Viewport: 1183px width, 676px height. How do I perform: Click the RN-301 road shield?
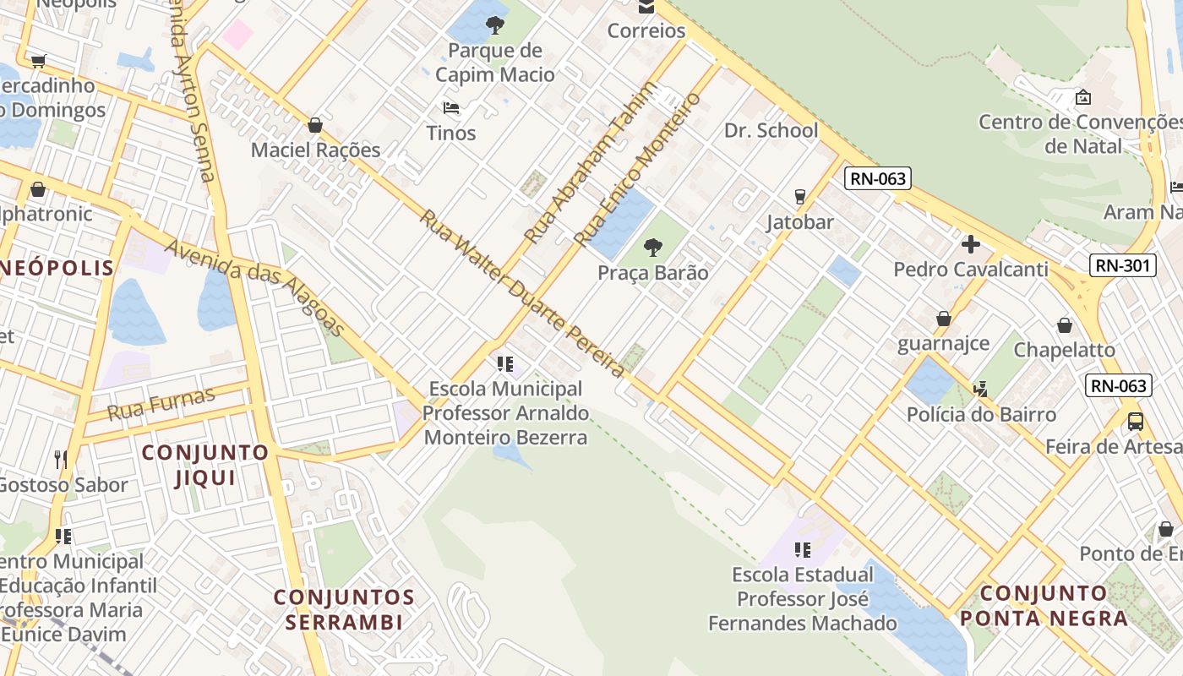1122,265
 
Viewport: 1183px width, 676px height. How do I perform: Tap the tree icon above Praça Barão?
652,248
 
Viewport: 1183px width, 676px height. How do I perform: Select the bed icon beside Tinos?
451,108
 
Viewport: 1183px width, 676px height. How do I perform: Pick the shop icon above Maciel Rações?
315,126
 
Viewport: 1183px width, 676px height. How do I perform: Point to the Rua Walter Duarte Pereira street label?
522,292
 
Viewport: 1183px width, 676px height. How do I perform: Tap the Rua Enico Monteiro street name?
638,168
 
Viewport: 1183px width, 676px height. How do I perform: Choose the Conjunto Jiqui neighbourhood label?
204,465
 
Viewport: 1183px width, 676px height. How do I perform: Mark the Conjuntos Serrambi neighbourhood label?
344,610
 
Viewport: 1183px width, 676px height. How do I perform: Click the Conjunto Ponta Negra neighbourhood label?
1044,605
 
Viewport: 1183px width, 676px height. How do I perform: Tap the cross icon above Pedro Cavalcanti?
970,245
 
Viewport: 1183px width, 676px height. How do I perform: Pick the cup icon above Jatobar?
799,197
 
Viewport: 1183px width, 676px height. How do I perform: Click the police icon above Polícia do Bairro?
980,390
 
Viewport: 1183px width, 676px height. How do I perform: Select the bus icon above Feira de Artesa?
1136,421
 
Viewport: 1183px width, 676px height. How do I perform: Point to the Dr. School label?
771,130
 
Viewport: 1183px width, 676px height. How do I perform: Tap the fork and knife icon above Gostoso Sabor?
61,460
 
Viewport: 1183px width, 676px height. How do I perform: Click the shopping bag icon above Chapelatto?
1065,325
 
